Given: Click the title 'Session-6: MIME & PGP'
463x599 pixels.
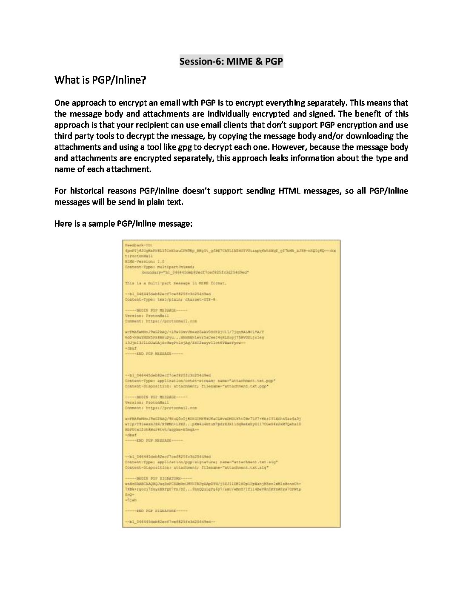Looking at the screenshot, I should (231, 61).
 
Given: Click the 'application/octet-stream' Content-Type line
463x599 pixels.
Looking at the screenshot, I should (200, 381).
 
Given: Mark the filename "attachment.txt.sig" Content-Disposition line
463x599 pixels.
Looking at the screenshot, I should (196, 468).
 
